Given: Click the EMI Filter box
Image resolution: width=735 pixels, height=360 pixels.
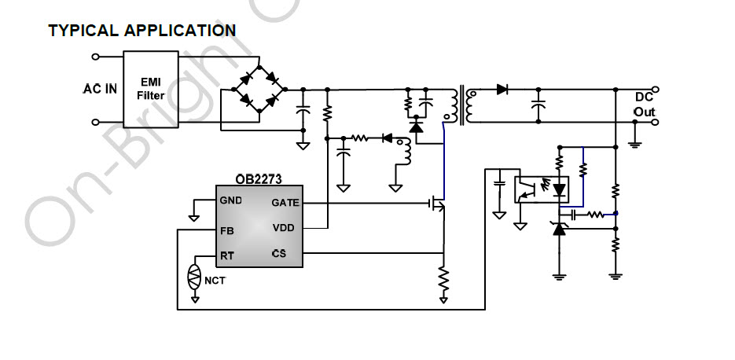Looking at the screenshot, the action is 151,89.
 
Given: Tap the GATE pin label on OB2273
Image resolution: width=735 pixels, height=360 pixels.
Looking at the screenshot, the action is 285,203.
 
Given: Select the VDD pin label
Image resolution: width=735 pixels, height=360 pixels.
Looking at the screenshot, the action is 284,228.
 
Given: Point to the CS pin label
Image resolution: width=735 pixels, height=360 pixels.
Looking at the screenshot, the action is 278,254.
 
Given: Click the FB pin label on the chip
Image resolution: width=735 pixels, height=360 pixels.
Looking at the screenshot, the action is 227,231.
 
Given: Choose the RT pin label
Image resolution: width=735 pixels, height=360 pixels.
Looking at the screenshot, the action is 227,256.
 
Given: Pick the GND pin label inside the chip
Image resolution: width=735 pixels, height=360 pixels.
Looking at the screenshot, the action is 231,200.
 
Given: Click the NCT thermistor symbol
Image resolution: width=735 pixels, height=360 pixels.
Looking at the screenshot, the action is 194,277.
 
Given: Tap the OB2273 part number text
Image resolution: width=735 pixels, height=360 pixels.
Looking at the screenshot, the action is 259,179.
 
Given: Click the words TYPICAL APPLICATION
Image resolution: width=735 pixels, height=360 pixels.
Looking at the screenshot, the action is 142,31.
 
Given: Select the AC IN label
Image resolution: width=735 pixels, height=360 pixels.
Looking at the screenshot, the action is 100,89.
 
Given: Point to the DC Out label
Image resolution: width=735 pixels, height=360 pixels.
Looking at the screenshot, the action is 645,105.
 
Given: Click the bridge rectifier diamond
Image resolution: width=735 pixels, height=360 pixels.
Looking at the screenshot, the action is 259,89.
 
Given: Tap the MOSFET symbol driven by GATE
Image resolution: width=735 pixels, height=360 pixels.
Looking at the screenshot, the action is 438,204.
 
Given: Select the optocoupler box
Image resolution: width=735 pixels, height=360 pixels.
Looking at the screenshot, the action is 542,189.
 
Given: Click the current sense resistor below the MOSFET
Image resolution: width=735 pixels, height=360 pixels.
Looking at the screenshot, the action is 443,280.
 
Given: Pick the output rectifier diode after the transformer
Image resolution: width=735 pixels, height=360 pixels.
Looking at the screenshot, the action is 502,89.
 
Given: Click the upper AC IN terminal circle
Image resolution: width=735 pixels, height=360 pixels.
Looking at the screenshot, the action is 96,57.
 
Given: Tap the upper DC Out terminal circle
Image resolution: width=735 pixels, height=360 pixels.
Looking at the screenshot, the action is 656,89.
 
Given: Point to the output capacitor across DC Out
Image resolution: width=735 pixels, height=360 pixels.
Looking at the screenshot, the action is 538,105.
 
